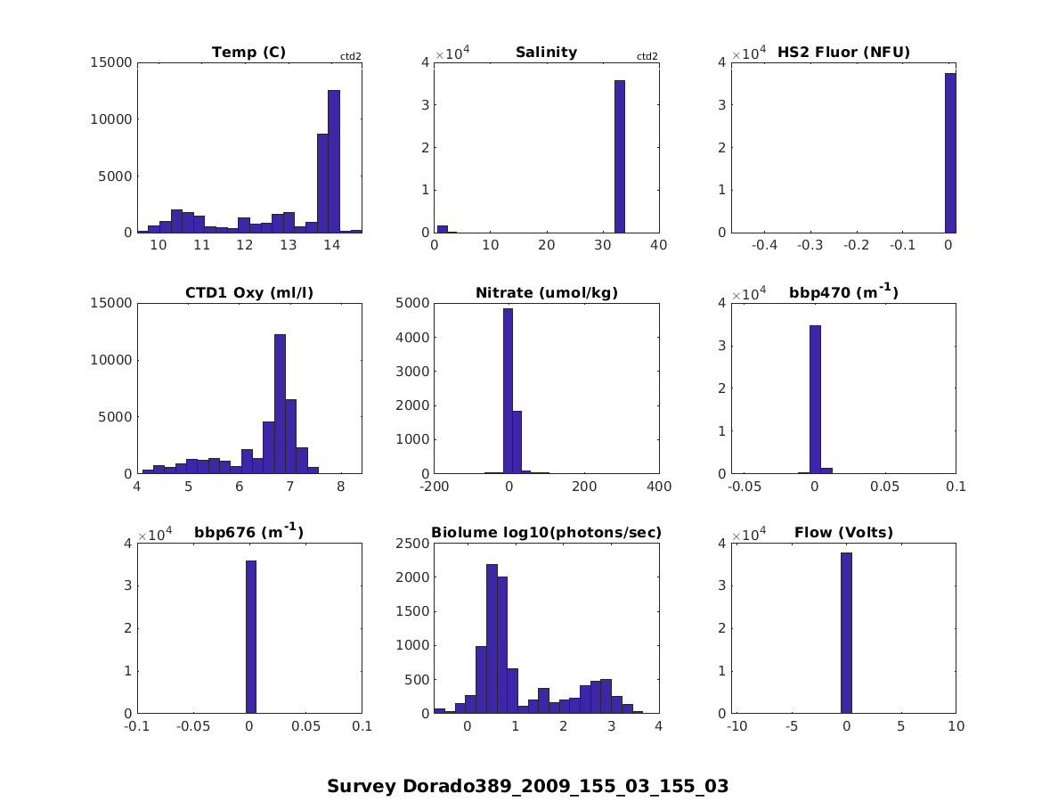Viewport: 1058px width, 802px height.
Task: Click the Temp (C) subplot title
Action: point(248,53)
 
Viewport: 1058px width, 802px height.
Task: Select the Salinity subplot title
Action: point(546,53)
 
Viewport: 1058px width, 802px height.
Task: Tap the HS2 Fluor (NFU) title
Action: point(843,53)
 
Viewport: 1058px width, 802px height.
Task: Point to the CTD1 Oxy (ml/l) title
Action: point(248,293)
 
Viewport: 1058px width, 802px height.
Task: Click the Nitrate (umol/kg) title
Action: point(546,293)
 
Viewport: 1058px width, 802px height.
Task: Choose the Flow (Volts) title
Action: point(843,533)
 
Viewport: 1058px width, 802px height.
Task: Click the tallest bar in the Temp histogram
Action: point(333,161)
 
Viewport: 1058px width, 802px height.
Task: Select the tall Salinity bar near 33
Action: point(620,157)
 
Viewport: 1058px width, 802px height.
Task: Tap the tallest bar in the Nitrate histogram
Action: point(508,391)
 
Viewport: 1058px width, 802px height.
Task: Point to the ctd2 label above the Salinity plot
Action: point(647,57)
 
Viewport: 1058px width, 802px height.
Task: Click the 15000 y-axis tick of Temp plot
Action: point(112,62)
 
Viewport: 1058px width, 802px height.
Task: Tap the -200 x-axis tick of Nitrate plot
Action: point(434,487)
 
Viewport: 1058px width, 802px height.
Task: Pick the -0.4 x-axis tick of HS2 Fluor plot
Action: point(765,246)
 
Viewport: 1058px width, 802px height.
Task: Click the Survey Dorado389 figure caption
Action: point(527,787)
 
